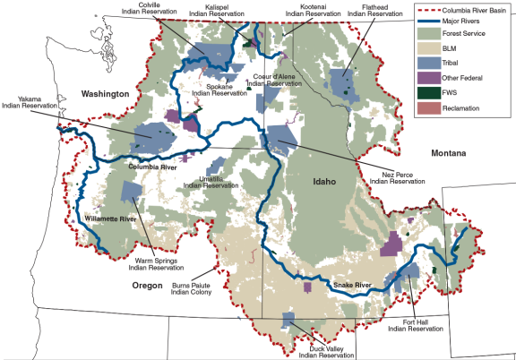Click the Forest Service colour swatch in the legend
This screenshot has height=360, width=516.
[429, 38]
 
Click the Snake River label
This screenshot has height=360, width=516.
[352, 286]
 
